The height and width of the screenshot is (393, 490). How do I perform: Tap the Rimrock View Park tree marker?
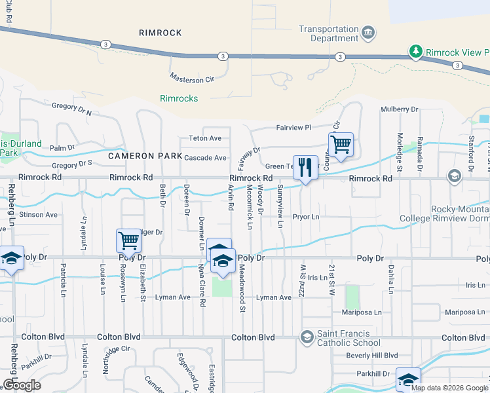click(x=415, y=51)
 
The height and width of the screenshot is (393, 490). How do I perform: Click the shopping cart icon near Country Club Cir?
click(x=341, y=144)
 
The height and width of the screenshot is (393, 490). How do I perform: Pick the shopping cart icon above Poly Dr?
click(x=128, y=240)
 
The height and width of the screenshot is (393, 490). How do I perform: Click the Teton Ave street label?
click(x=206, y=138)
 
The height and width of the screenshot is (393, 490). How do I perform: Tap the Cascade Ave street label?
click(x=205, y=158)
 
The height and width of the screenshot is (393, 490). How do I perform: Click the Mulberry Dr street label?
click(x=399, y=109)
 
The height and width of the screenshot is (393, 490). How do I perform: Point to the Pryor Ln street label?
click(x=305, y=217)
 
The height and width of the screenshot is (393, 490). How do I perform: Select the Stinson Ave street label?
click(x=38, y=214)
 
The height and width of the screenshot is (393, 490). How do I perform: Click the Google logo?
click(x=22, y=385)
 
